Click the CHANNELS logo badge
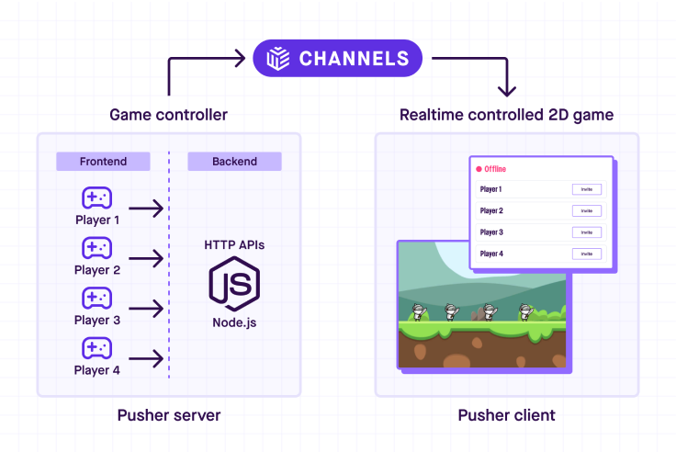tap(338, 59)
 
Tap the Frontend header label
tap(103, 162)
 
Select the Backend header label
tap(234, 162)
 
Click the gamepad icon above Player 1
tap(96, 198)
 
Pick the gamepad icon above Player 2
tap(96, 248)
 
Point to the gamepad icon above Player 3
tap(96, 298)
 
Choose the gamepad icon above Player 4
tap(96, 348)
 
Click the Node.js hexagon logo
tap(234, 285)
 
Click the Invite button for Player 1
tap(586, 189)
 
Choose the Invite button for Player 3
tap(586, 232)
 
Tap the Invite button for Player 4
tap(586, 254)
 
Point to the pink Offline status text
tap(494, 169)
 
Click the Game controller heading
tap(168, 115)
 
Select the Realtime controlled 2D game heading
tap(506, 115)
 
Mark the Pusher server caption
tap(169, 415)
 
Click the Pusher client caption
tap(506, 415)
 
